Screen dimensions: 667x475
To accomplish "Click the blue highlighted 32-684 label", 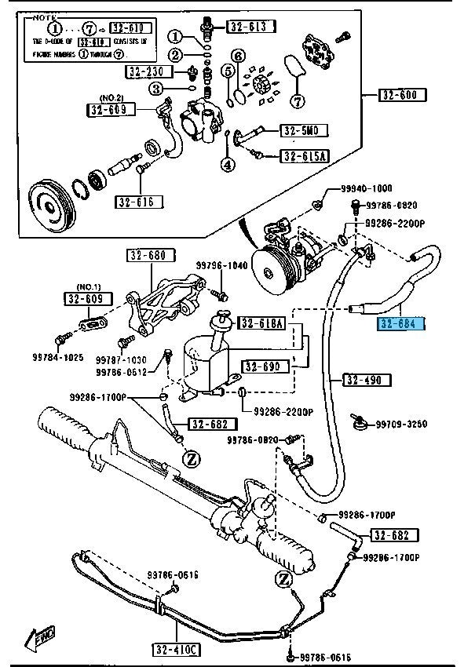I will click(401, 324).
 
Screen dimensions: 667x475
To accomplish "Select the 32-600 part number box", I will click(403, 96).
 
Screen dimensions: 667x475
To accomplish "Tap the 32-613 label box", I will click(252, 27).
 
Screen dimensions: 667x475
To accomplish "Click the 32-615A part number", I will click(304, 157).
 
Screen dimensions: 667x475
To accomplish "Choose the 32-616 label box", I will click(139, 202).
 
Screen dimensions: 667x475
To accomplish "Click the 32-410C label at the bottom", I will click(177, 650).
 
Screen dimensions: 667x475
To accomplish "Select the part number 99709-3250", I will click(400, 425).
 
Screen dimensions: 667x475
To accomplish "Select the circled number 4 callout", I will click(228, 165).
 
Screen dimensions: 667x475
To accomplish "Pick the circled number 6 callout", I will click(239, 55).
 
